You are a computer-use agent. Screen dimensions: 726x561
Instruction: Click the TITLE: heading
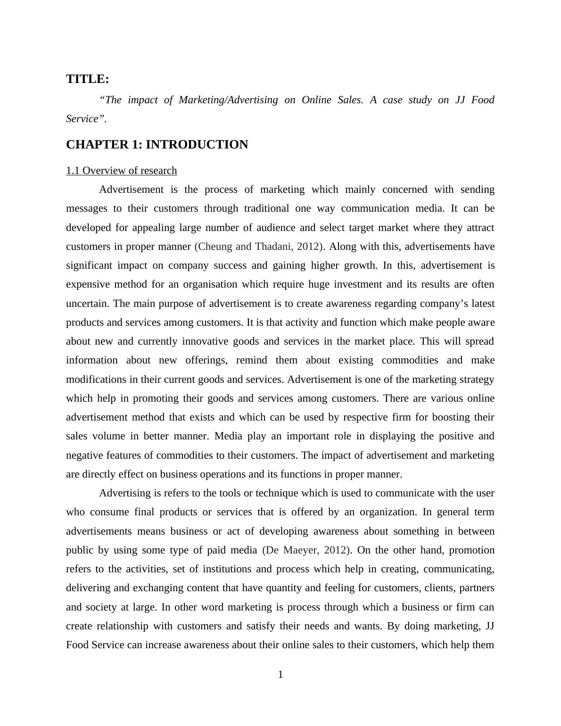pos(88,79)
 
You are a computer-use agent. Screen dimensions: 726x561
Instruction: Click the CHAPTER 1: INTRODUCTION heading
pos(157,145)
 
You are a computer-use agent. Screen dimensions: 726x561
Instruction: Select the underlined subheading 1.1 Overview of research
pos(122,171)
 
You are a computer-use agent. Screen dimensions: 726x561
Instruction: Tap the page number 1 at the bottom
pos(280,675)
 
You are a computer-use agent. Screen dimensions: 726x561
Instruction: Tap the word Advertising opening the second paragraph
pos(125,493)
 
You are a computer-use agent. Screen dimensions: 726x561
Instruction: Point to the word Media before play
pos(228,436)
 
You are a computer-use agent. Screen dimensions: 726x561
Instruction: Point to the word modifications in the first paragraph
pos(96,379)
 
